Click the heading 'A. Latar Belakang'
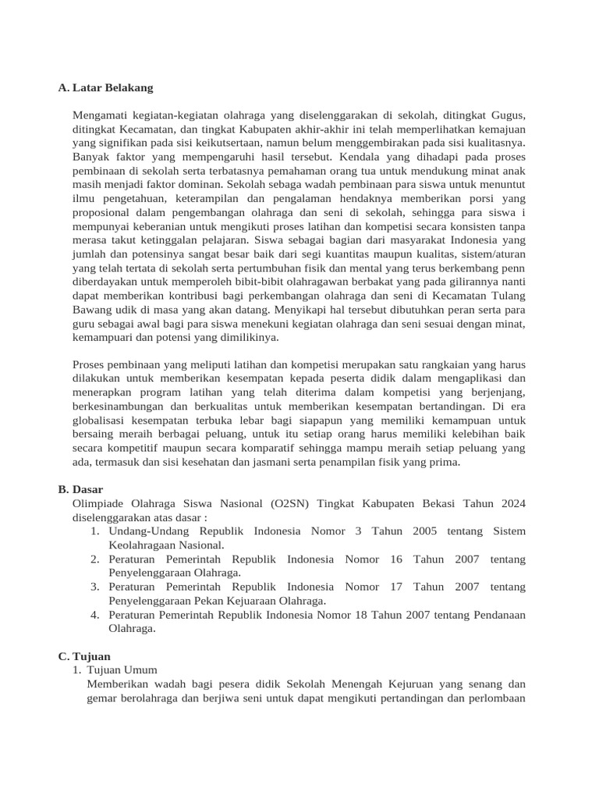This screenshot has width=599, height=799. click(x=106, y=88)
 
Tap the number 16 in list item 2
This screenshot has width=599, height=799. click(x=395, y=559)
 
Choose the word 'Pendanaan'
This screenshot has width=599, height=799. click(x=495, y=615)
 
